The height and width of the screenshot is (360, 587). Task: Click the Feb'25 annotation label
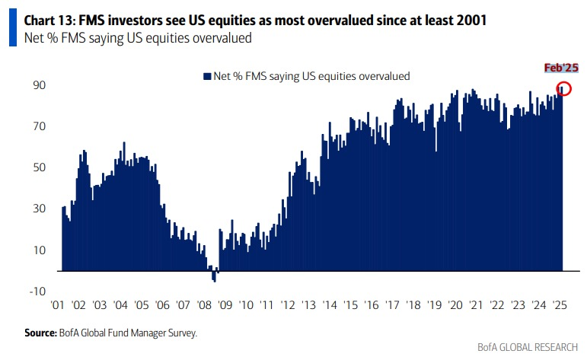click(561, 68)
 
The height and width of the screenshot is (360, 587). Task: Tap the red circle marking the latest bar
click(564, 88)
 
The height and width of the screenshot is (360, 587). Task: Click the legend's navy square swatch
click(206, 76)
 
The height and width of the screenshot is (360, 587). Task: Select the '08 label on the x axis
click(203, 304)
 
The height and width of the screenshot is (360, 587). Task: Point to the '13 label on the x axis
click(308, 304)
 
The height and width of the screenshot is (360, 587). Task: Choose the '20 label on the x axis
click(455, 304)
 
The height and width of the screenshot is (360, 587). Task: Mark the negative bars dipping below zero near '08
click(214, 277)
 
